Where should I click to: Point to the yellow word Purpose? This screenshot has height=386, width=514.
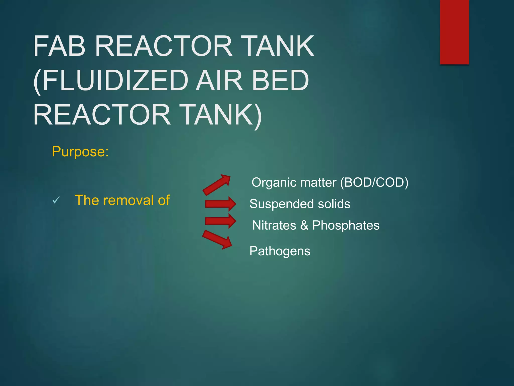(80, 152)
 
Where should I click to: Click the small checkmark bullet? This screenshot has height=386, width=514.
(56, 200)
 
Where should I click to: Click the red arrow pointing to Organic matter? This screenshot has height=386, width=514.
(216, 185)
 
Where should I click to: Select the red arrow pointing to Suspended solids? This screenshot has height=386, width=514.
(220, 204)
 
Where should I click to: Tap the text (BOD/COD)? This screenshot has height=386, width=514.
(374, 182)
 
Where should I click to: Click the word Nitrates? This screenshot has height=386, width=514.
(274, 225)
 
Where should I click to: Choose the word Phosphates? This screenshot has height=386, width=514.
(346, 225)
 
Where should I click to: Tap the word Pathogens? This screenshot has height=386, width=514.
(280, 251)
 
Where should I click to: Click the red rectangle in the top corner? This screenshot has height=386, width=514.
(454, 32)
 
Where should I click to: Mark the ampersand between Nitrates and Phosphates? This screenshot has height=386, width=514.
(304, 225)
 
